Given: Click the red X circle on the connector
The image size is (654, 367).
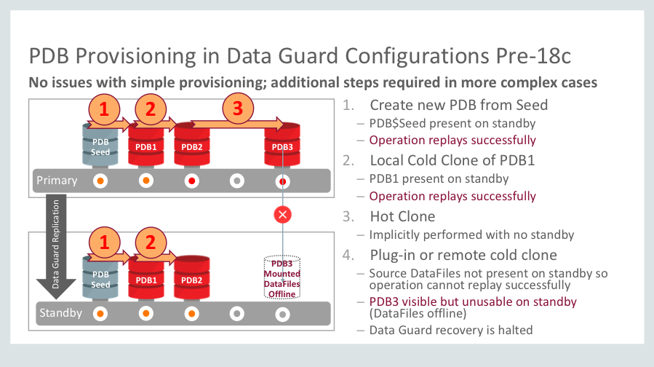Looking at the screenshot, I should tap(282, 215).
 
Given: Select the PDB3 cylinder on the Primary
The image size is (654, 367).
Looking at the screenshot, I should tap(282, 146).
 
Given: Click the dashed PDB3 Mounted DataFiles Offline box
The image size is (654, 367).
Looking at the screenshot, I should tap(282, 277).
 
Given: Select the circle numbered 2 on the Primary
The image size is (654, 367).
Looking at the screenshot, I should tap(151, 110).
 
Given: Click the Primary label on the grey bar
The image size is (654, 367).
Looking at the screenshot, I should tap(57, 180).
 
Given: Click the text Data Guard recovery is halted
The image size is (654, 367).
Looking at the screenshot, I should tap(451, 330).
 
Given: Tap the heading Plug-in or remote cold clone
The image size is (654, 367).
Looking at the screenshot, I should tap(463, 254).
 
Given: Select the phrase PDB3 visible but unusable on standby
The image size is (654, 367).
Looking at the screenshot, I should tap(473, 301).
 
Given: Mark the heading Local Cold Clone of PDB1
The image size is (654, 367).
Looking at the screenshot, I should tap(452, 160).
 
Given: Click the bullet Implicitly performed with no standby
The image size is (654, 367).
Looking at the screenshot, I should tap(472, 234).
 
